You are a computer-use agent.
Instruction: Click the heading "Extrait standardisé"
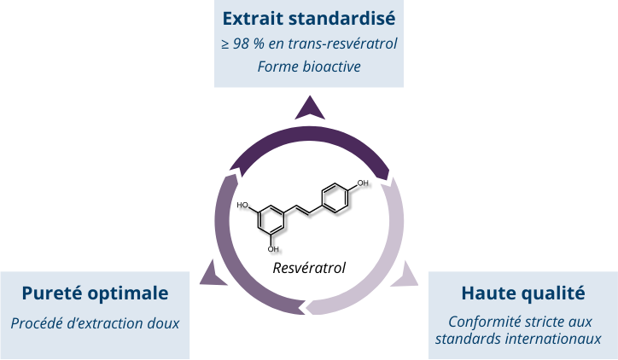pos(308,17)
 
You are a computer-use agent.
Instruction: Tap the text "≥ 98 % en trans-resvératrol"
pos(308,43)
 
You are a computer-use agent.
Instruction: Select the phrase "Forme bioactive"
pos(308,66)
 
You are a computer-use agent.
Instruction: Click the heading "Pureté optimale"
pos(95,293)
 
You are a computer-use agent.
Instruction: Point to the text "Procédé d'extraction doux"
pos(95,323)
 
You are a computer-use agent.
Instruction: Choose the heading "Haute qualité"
pos(522,293)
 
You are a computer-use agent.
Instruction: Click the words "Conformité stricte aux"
pos(522,322)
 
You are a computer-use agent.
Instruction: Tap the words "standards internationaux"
pos(522,338)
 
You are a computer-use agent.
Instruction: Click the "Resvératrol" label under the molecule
pos(309,268)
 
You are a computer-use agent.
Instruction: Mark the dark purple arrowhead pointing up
pos(309,108)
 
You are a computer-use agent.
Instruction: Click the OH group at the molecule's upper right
pos(364,183)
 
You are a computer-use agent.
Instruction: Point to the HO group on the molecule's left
pos(242,206)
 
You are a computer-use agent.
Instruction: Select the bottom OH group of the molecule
pos(273,248)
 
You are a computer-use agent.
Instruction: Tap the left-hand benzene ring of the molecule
pos(272,218)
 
